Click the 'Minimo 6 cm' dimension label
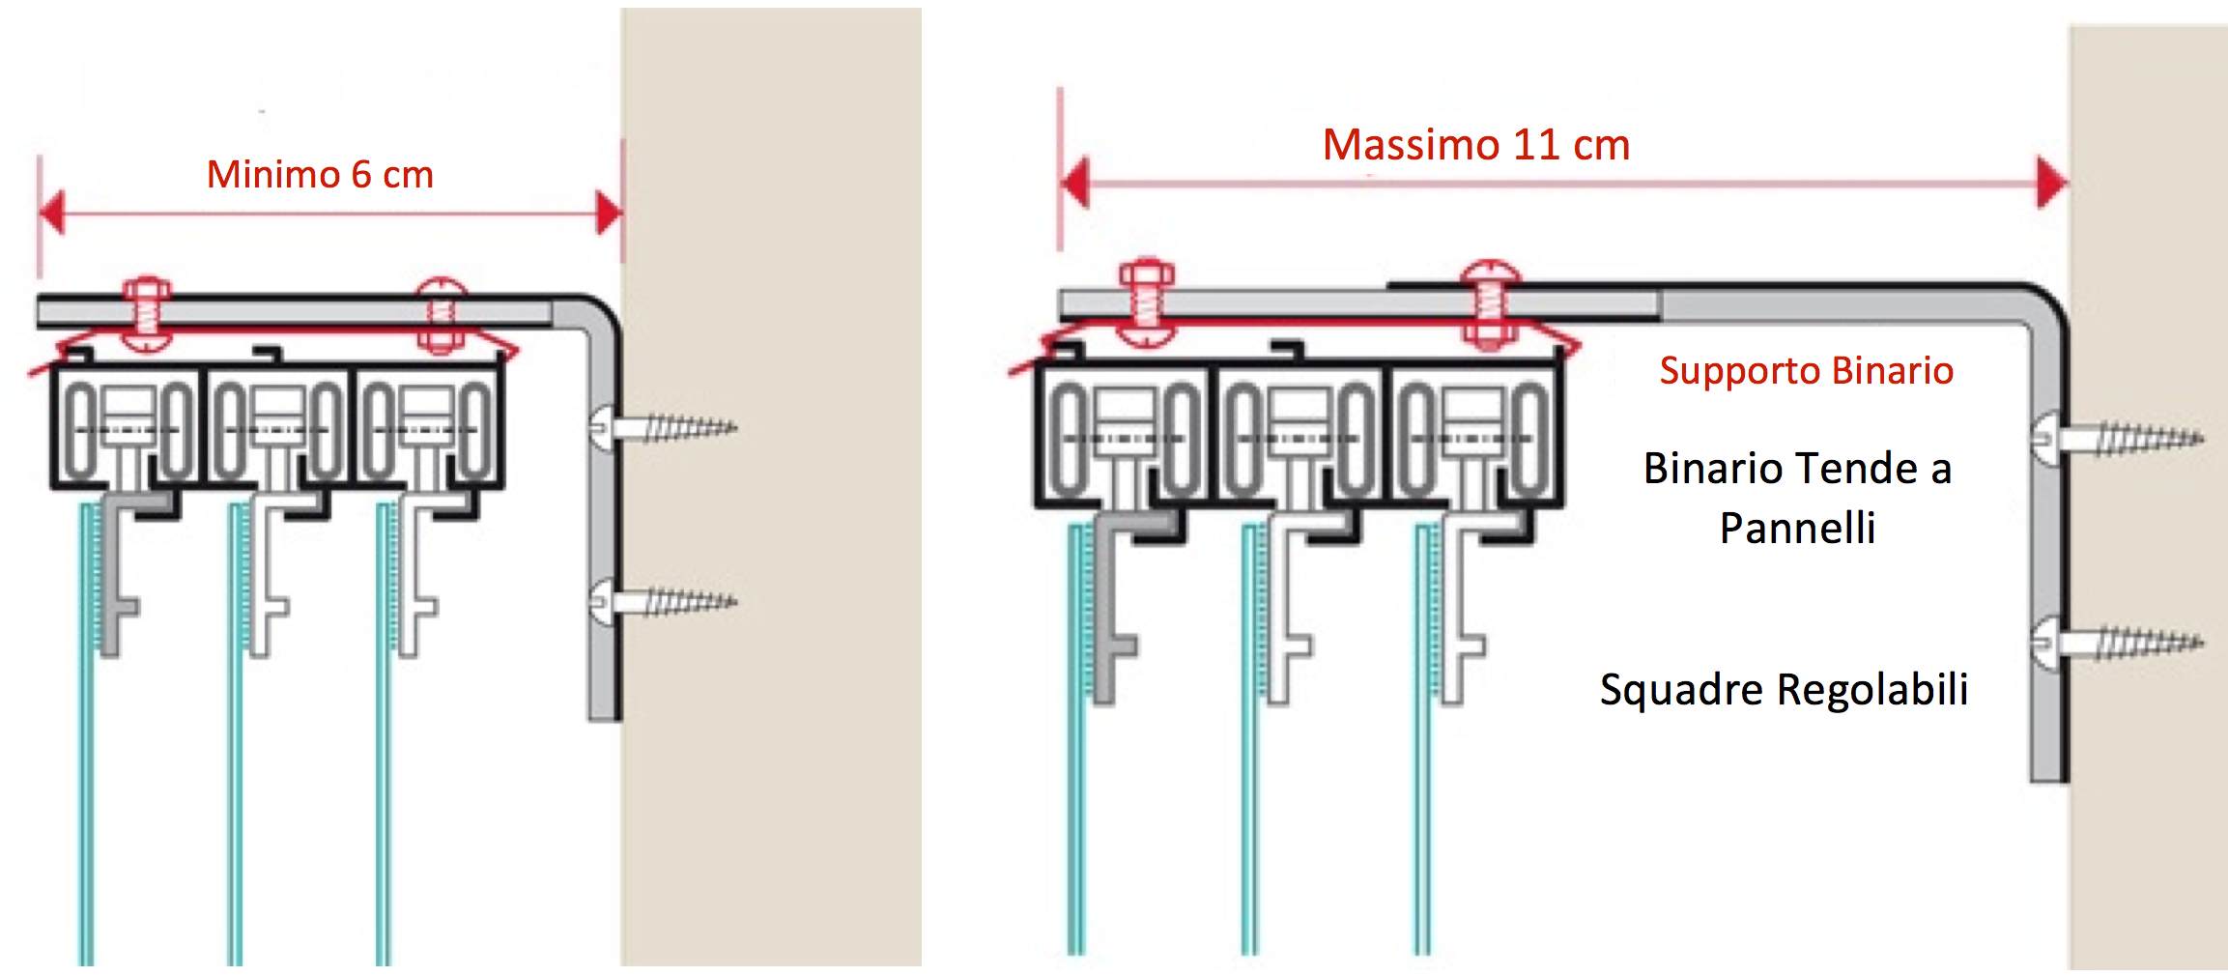point(320,175)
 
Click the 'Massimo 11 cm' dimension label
point(1475,145)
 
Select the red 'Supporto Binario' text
point(1806,370)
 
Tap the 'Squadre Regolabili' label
point(1784,689)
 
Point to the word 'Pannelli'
point(1797,528)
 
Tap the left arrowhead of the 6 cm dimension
point(51,213)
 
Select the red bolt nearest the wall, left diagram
point(441,314)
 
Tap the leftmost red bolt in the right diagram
point(1146,301)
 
